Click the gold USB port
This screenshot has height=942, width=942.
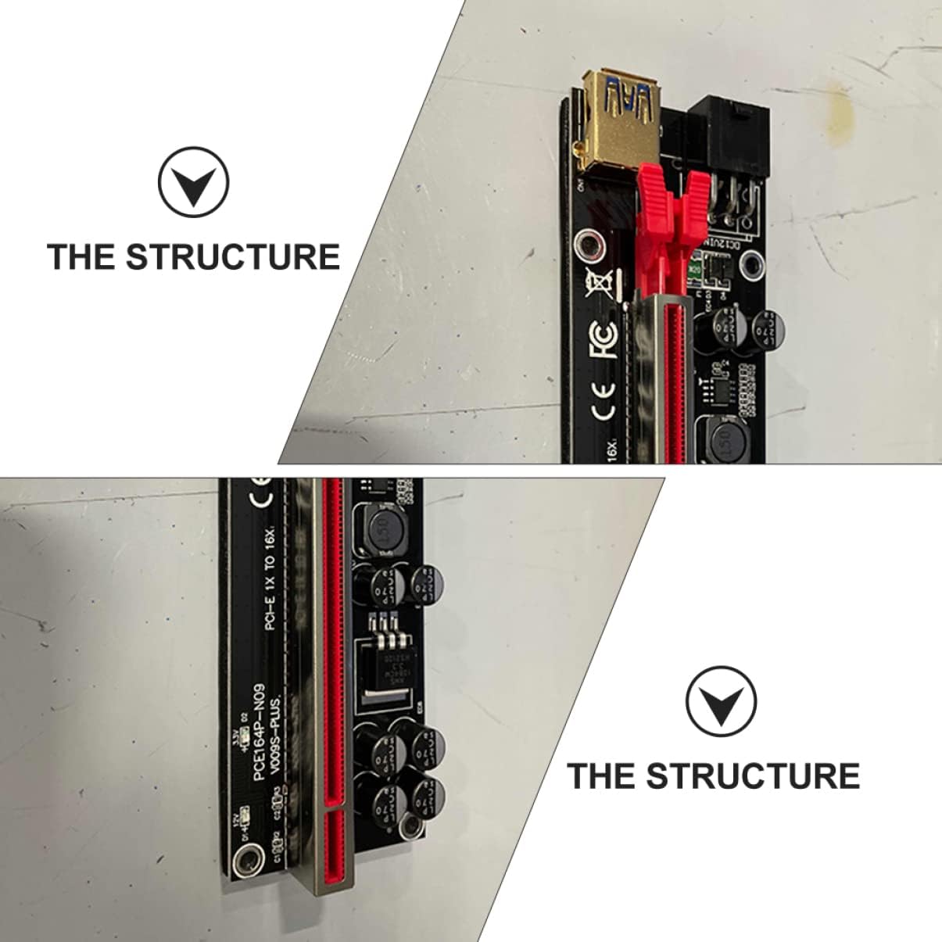pyautogui.click(x=618, y=117)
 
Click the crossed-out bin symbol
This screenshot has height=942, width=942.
pyautogui.click(x=600, y=283)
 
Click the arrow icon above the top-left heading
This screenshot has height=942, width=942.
pyautogui.click(x=193, y=181)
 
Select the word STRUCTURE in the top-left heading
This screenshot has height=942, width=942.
pyautogui.click(x=233, y=257)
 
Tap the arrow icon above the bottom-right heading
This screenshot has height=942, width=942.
pyautogui.click(x=721, y=701)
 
